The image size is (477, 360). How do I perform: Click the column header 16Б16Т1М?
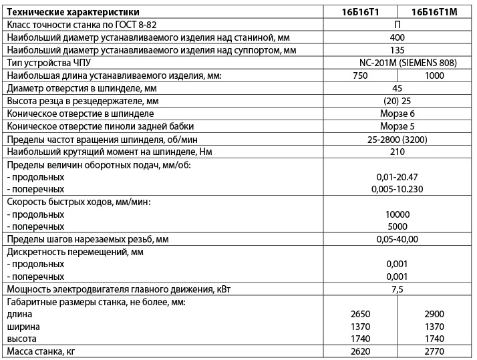435,11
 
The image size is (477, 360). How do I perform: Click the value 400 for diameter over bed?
397,37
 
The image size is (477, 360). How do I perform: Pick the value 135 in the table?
397,50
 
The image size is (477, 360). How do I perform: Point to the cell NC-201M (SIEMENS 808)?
397,63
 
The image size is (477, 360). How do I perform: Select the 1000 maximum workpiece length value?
434,75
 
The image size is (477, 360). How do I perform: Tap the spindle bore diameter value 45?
397,88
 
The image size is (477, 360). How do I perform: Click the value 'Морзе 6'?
397,114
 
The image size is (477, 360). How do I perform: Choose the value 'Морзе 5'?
397,126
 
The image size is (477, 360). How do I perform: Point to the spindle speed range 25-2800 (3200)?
397,139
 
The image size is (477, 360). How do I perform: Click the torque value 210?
397,152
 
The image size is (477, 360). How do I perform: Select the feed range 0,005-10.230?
397,189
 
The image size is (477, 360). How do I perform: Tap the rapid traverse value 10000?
397,214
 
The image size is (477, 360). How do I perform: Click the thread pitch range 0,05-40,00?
397,239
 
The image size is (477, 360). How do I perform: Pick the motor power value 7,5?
397,289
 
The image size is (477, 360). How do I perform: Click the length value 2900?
434,314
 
